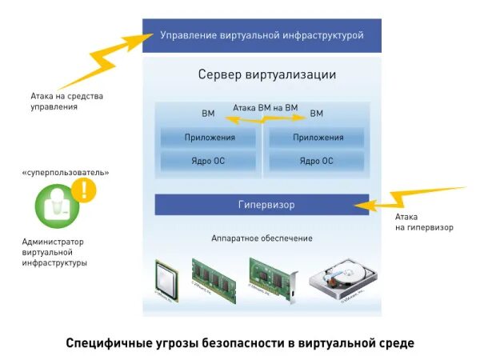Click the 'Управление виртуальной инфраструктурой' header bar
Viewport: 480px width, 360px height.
pyautogui.click(x=262, y=35)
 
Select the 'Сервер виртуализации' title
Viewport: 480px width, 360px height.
pyautogui.click(x=266, y=75)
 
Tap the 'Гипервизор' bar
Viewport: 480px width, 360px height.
pyautogui.click(x=262, y=205)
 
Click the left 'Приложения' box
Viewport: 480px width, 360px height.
pyautogui.click(x=210, y=138)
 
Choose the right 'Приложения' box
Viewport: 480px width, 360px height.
pyautogui.click(x=318, y=138)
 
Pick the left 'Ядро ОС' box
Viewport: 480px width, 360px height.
pyautogui.click(x=210, y=161)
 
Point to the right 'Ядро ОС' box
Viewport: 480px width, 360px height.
pyautogui.click(x=318, y=161)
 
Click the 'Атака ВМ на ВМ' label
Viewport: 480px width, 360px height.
pyautogui.click(x=265, y=107)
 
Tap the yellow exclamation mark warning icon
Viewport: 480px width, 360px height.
pyautogui.click(x=83, y=190)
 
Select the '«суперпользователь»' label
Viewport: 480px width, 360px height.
pyautogui.click(x=66, y=172)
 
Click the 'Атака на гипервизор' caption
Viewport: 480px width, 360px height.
pyautogui.click(x=424, y=222)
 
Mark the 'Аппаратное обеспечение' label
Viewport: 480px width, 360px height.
pyautogui.click(x=262, y=238)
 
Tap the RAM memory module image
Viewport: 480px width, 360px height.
pyautogui.click(x=213, y=278)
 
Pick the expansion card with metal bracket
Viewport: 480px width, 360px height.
pyautogui.click(x=272, y=278)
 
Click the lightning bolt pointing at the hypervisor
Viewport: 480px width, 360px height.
pyautogui.click(x=408, y=198)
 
